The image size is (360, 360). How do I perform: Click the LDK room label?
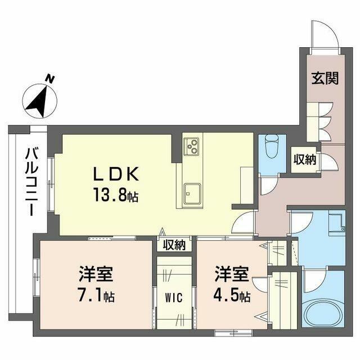tap(116, 174)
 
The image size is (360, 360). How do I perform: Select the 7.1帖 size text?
tap(96, 296)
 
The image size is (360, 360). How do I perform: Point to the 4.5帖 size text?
tap(232, 296)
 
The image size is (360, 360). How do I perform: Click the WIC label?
tap(174, 298)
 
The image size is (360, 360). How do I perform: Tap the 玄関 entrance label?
tap(325, 78)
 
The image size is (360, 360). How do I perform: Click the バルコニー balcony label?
tap(31, 182)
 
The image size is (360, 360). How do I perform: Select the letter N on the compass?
tap(49, 79)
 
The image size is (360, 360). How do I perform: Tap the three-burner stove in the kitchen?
tap(191, 146)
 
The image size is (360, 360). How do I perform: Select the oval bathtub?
tap(323, 314)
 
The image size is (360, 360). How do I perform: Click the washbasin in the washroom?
tap(336, 222)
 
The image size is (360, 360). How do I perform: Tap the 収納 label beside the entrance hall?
tap(305, 159)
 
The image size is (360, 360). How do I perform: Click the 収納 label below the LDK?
tap(174, 245)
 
